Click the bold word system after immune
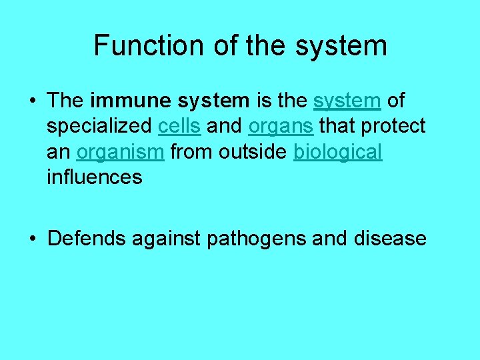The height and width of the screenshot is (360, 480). pyautogui.click(x=213, y=101)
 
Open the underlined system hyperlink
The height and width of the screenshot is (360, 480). pyautogui.click(x=347, y=101)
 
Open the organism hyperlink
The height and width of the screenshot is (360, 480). pyautogui.click(x=120, y=151)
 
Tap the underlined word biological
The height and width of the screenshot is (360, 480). pyautogui.click(x=338, y=151)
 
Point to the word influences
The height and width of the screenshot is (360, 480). pyautogui.click(x=95, y=177)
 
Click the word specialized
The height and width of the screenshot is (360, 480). pyautogui.click(x=99, y=126)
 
